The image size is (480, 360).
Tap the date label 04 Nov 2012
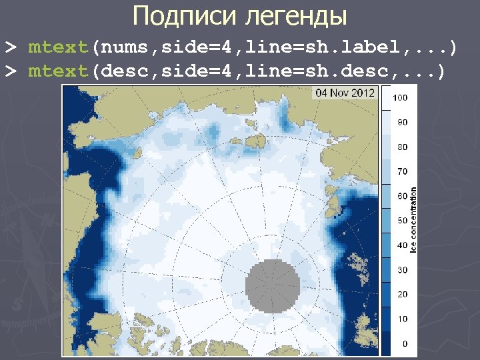(x=345, y=93)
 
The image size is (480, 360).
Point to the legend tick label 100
(x=401, y=98)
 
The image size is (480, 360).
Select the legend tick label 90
(x=402, y=123)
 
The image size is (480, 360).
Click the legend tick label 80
(x=402, y=147)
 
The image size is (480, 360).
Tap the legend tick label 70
(x=402, y=171)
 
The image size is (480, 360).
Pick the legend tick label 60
(x=402, y=196)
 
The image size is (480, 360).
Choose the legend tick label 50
(x=402, y=221)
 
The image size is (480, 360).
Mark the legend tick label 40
(x=402, y=245)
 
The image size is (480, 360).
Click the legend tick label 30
(x=402, y=270)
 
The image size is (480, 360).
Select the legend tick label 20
(x=402, y=295)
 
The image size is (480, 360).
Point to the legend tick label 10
(x=402, y=319)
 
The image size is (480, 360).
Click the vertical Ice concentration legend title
(x=414, y=220)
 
